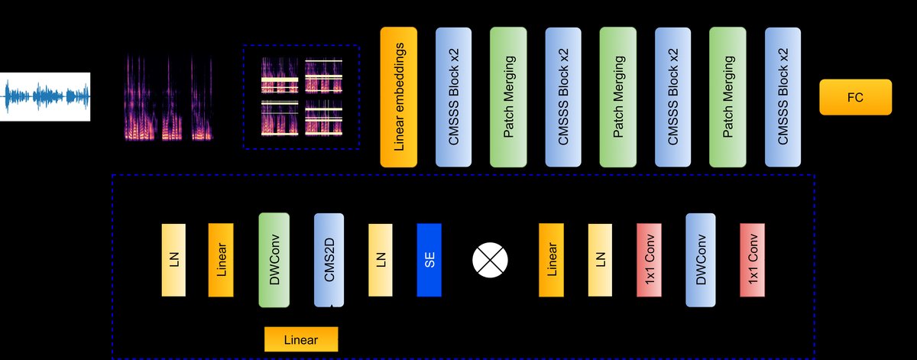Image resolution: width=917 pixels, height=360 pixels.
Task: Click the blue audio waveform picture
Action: (x=45, y=96)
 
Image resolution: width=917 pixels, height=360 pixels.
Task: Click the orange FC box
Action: (x=855, y=96)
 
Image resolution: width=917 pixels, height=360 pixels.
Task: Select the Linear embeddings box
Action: (x=399, y=96)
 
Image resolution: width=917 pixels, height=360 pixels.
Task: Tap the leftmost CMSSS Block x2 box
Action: (x=454, y=96)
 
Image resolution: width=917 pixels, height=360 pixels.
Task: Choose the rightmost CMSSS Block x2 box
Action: (x=783, y=96)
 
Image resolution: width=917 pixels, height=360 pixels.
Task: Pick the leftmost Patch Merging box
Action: (x=509, y=96)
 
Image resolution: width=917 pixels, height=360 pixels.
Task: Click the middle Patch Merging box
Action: (x=618, y=96)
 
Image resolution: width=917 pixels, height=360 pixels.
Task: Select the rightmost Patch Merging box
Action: (x=728, y=96)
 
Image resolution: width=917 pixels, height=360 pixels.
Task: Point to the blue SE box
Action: (x=429, y=260)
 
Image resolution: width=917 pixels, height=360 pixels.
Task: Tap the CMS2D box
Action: (x=329, y=260)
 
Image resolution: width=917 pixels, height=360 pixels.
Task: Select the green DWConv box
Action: (x=274, y=260)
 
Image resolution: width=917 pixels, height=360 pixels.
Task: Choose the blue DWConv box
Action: (x=700, y=260)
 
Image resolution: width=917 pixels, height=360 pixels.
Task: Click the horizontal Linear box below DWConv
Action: (x=300, y=339)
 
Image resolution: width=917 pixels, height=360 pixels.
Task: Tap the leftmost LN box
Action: (x=173, y=260)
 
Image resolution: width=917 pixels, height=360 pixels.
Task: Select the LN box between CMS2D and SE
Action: (x=381, y=260)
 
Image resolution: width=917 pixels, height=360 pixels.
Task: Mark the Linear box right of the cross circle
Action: (x=551, y=260)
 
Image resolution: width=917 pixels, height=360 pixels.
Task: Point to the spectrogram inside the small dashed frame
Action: (x=301, y=96)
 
